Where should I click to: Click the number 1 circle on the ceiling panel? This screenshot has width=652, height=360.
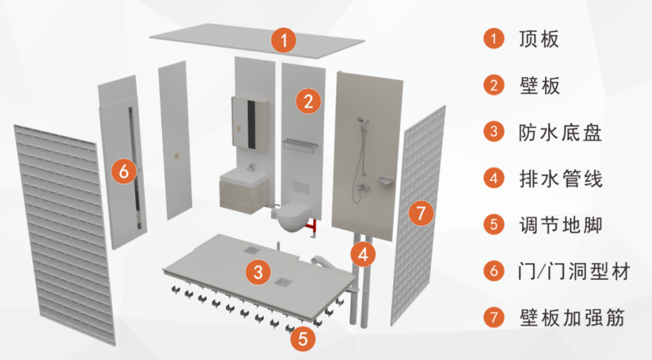coord(284,40)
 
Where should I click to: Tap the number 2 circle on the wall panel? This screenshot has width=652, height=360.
coord(308,101)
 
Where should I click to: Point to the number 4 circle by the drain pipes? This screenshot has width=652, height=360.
coord(363,254)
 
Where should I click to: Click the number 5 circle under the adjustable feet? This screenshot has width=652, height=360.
coord(302,338)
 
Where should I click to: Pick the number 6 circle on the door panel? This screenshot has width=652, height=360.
coord(124,171)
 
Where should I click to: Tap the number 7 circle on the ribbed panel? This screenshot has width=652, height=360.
coord(421,213)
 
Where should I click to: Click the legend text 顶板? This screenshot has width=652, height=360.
coord(539,39)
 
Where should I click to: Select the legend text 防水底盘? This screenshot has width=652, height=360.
coord(560,132)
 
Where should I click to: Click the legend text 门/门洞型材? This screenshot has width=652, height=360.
coord(574,272)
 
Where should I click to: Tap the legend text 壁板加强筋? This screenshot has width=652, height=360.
coord(572,318)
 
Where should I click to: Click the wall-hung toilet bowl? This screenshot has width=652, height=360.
coord(294,218)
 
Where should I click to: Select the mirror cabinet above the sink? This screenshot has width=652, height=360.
coord(249,122)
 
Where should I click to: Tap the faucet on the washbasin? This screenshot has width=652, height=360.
coord(250,167)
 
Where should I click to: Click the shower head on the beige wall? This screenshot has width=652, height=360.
coord(361,121)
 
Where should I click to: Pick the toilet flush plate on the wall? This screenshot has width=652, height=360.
coord(300,188)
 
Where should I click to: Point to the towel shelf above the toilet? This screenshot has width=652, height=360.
coord(300,145)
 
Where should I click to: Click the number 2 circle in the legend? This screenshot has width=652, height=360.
coord(493,86)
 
